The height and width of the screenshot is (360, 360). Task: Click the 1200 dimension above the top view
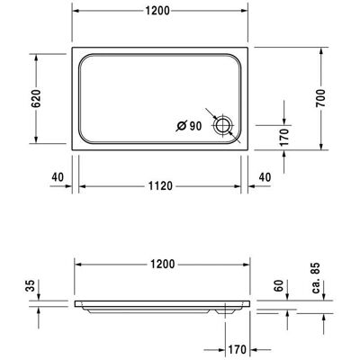pyautogui.click(x=157, y=11)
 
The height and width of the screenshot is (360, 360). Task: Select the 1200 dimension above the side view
pyautogui.click(x=162, y=265)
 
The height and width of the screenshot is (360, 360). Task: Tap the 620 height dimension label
pyautogui.click(x=36, y=98)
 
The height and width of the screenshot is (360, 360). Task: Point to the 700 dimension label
pyautogui.click(x=320, y=98)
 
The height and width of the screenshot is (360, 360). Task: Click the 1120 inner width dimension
pyautogui.click(x=161, y=186)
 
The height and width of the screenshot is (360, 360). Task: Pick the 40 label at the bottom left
pyautogui.click(x=58, y=177)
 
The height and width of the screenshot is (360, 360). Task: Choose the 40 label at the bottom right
pyautogui.click(x=265, y=177)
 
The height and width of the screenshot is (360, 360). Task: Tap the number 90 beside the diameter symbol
pyautogui.click(x=195, y=126)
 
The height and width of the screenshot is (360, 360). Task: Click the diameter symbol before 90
pyautogui.click(x=181, y=126)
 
